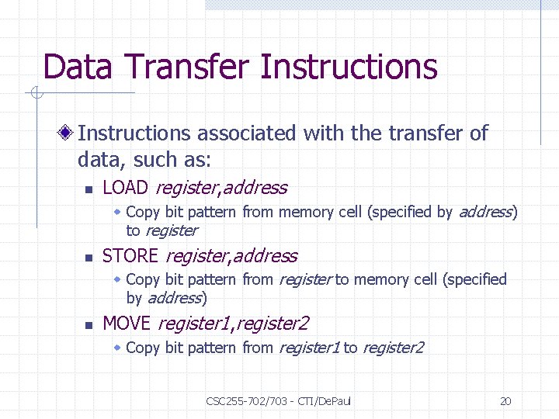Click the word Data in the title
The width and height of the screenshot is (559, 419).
(70, 68)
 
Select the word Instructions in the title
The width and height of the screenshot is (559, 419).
(349, 68)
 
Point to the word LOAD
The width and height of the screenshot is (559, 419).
(127, 188)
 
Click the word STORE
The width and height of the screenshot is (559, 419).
(130, 256)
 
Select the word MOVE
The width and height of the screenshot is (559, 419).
(127, 324)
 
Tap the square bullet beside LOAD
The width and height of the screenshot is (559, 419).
(89, 189)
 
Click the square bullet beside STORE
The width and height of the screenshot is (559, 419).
(89, 258)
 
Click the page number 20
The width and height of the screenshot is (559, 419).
(505, 401)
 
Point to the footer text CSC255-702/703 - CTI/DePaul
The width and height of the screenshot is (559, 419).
(279, 401)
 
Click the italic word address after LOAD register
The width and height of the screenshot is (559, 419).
(255, 188)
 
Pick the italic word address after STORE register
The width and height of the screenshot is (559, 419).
(266, 256)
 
